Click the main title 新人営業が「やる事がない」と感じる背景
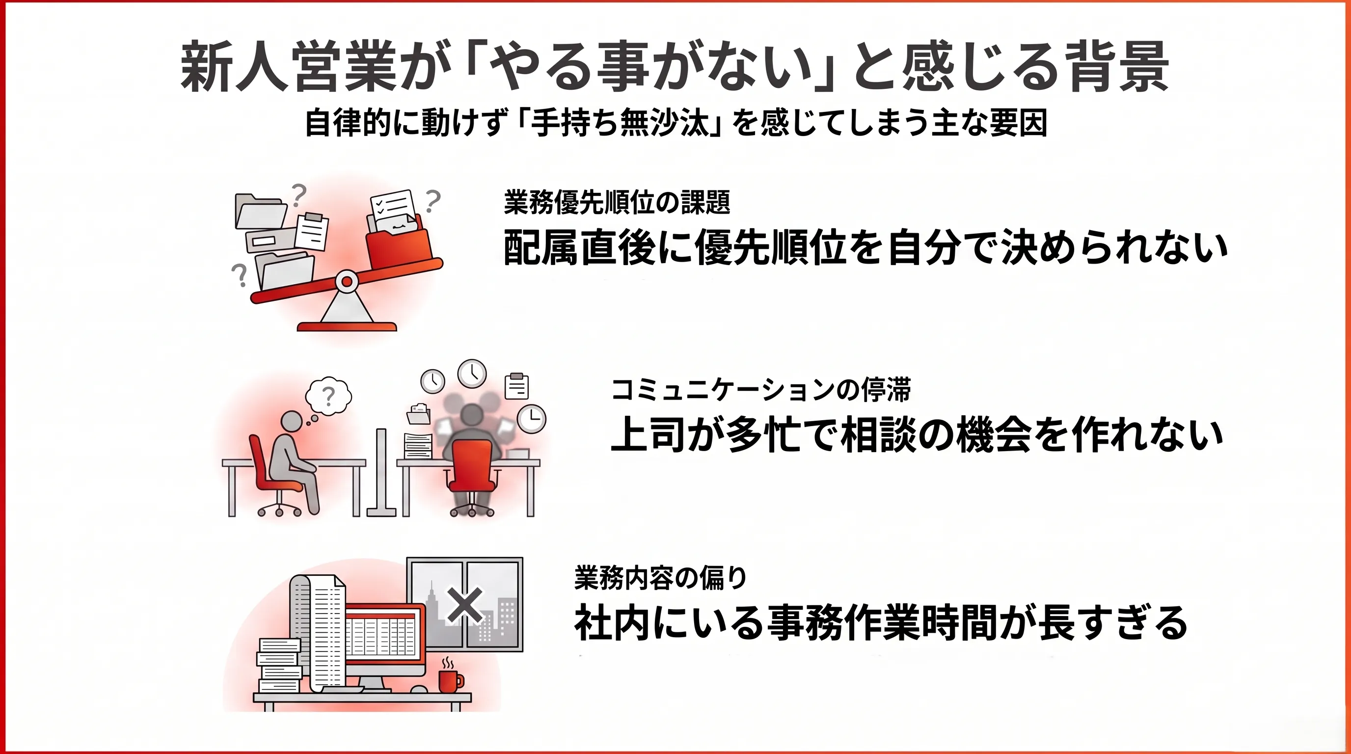675,68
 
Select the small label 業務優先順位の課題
617,202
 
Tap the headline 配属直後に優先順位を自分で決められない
865,248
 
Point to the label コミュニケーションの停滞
761,390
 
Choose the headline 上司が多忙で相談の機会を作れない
917,434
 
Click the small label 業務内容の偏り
660,578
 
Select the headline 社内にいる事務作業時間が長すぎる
881,623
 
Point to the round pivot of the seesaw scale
347,282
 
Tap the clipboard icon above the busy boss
516,386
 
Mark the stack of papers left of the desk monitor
279,665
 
